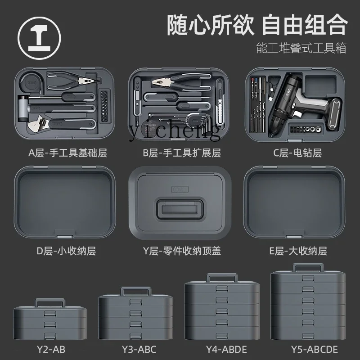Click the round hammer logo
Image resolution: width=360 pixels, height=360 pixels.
point(39,38)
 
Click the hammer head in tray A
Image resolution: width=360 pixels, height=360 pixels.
point(22,109)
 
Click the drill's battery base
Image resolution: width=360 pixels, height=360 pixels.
point(334,113)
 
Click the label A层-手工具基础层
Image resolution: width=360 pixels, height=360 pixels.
point(68,153)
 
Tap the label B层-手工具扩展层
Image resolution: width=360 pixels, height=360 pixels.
point(182,153)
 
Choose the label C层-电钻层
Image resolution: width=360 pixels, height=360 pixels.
point(297,153)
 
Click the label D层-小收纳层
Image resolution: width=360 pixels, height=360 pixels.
point(66,251)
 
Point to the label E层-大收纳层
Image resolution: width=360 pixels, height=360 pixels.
point(298,251)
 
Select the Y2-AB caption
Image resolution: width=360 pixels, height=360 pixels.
point(51,350)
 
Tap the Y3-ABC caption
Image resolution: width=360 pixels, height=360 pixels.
point(139,350)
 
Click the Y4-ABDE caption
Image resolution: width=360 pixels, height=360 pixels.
point(226,350)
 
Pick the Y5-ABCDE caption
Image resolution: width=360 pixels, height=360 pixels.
point(315,350)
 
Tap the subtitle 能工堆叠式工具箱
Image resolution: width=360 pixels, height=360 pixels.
point(301,48)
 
